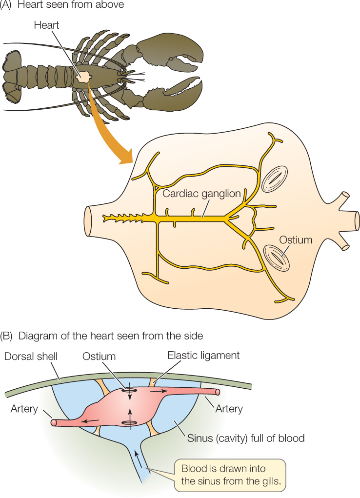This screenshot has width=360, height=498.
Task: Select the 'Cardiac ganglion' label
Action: (x=202, y=194)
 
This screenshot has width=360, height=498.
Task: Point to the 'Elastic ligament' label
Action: (x=203, y=356)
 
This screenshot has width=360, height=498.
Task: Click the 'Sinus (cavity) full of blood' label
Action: (x=246, y=438)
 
